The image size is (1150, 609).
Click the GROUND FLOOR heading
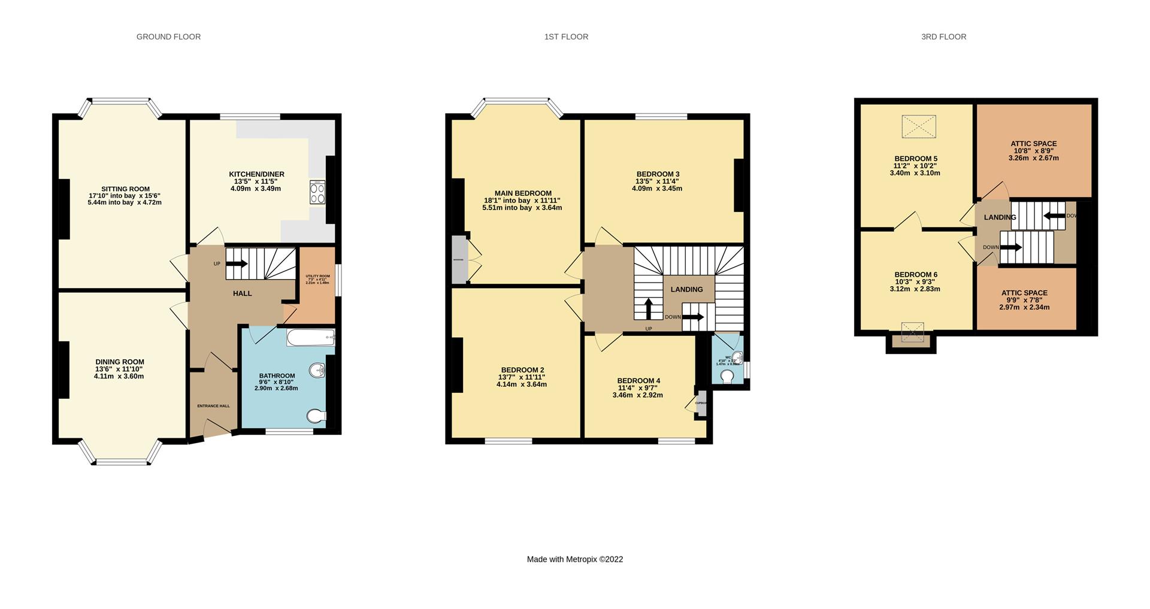(168, 37)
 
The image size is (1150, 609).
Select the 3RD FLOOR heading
(943, 37)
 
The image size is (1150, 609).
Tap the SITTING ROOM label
(125, 189)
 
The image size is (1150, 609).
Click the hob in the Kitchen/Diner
(317, 192)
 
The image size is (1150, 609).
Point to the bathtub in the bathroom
(310, 338)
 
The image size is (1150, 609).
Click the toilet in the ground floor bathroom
(316, 416)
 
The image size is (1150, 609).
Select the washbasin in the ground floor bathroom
(317, 371)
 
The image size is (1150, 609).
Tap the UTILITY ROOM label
(317, 276)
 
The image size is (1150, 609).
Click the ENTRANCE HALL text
(213, 406)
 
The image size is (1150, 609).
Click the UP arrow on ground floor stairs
(237, 263)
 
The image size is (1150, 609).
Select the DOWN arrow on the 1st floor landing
(693, 317)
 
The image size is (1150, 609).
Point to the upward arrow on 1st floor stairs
(648, 309)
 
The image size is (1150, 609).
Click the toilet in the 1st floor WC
(727, 376)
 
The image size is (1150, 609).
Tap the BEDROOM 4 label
(638, 381)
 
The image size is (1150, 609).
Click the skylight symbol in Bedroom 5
(918, 126)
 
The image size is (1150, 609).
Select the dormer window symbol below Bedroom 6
(912, 332)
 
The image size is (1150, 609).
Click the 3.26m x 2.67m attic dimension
(1033, 158)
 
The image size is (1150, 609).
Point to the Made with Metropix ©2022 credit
(574, 559)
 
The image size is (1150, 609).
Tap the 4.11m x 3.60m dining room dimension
(119, 376)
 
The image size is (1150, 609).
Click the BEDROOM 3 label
(658, 174)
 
